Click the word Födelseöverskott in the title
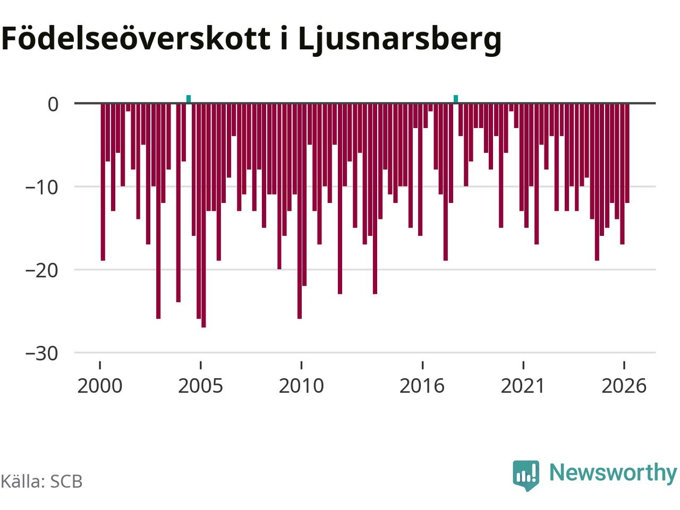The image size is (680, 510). click(x=135, y=38)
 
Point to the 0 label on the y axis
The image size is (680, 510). click(x=53, y=104)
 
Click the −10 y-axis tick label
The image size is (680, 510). click(x=41, y=188)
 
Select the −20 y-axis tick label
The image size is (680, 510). click(x=41, y=270)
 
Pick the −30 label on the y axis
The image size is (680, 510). click(x=41, y=353)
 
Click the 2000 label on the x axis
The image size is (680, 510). click(x=100, y=386)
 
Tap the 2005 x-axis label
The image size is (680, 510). click(x=200, y=386)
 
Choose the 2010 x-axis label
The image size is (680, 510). click(x=301, y=386)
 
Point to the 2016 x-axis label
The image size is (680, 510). click(x=422, y=386)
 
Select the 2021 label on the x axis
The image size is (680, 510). click(x=523, y=386)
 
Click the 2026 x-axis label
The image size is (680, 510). click(x=624, y=386)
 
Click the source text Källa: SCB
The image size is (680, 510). click(x=41, y=481)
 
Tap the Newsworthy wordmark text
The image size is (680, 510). click(x=613, y=473)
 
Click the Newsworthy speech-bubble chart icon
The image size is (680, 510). click(x=526, y=475)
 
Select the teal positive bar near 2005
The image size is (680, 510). click(x=189, y=99)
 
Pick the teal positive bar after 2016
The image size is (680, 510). click(x=456, y=99)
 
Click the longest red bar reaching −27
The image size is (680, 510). click(x=203, y=215)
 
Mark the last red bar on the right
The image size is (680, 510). click(x=627, y=153)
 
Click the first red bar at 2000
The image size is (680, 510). click(x=103, y=182)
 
